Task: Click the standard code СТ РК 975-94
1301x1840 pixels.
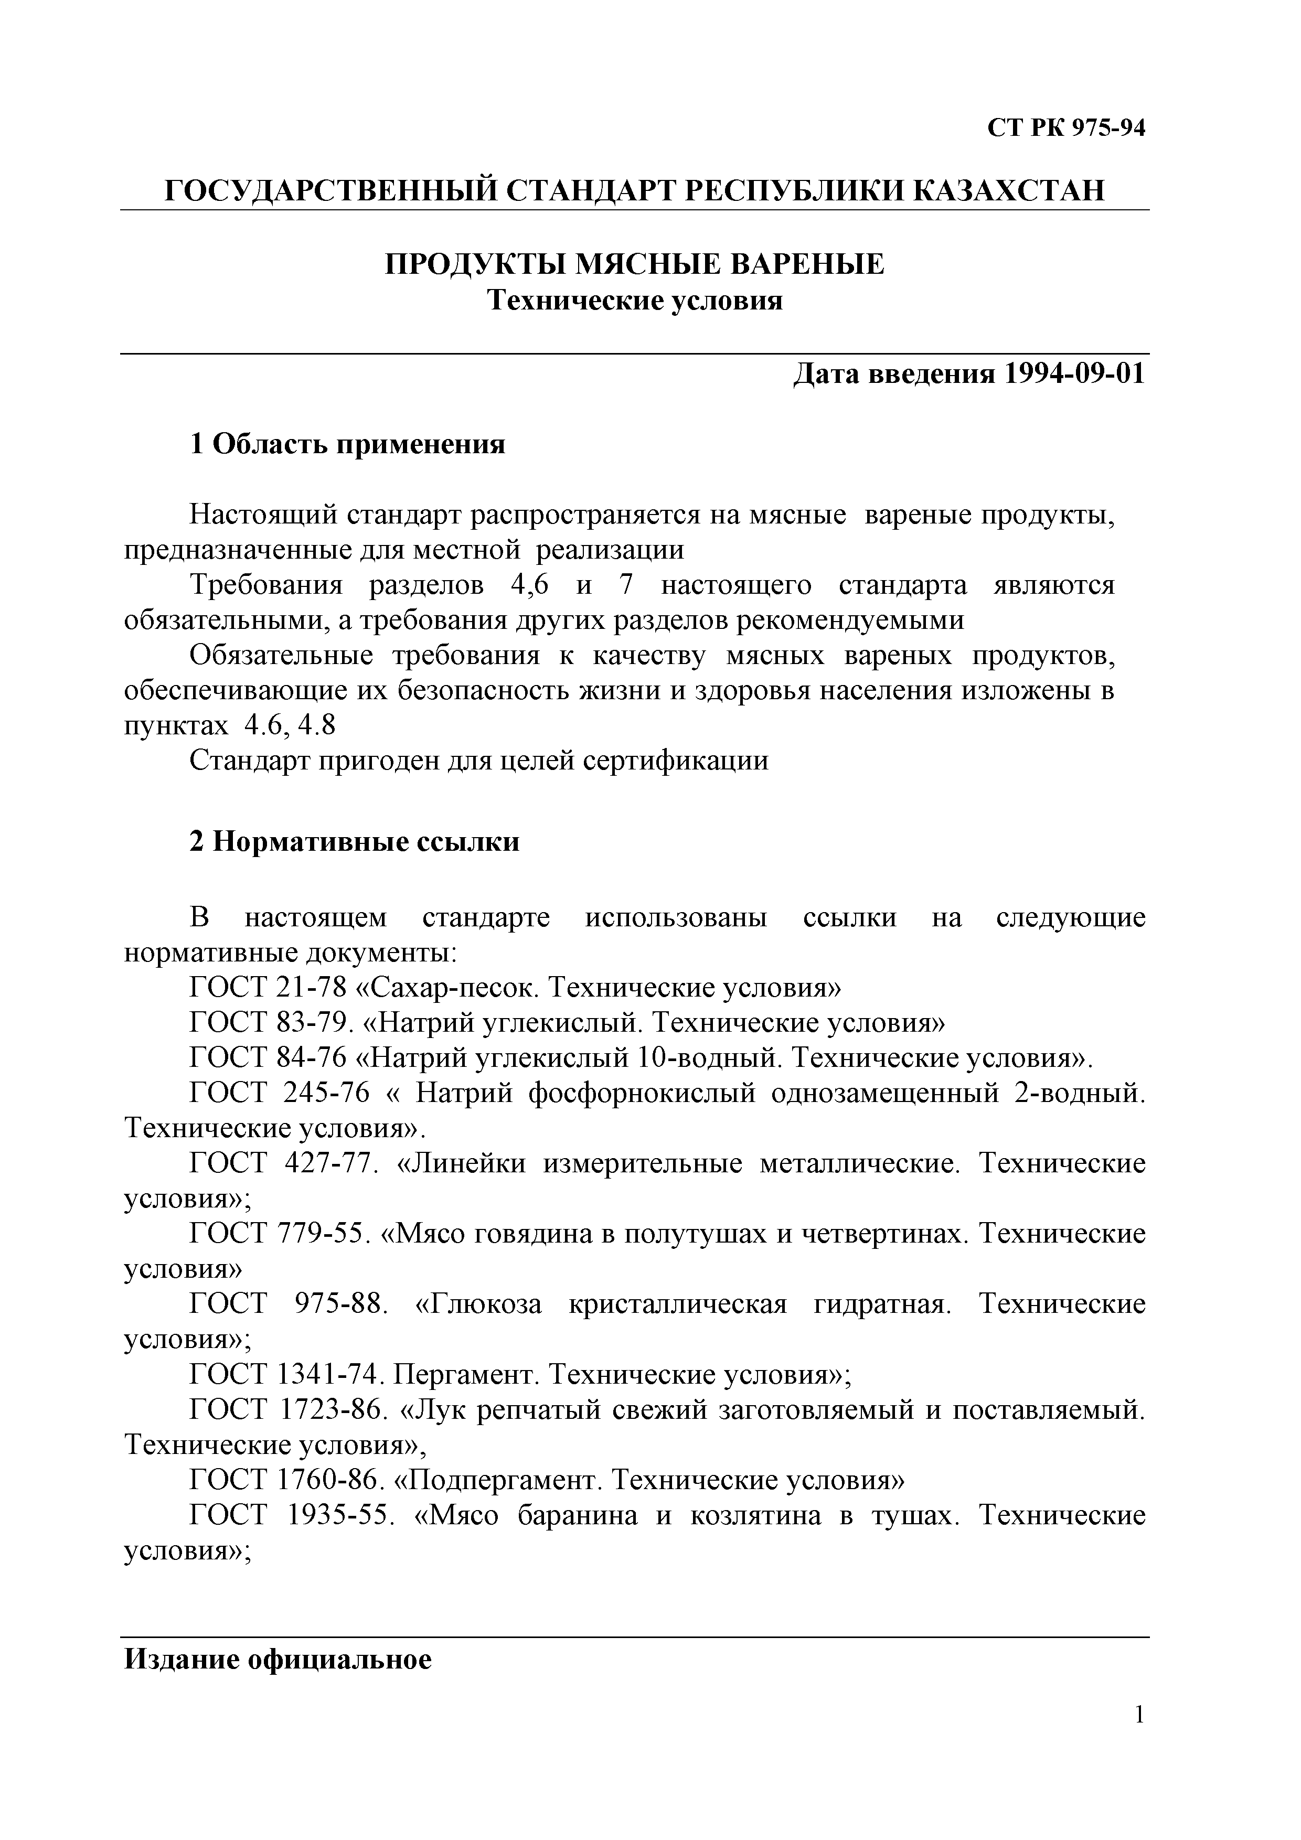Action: click(1065, 128)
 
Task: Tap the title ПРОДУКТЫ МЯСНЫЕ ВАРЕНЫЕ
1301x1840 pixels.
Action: click(635, 264)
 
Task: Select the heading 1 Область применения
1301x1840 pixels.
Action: click(347, 443)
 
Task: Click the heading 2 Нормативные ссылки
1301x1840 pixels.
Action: click(354, 841)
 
